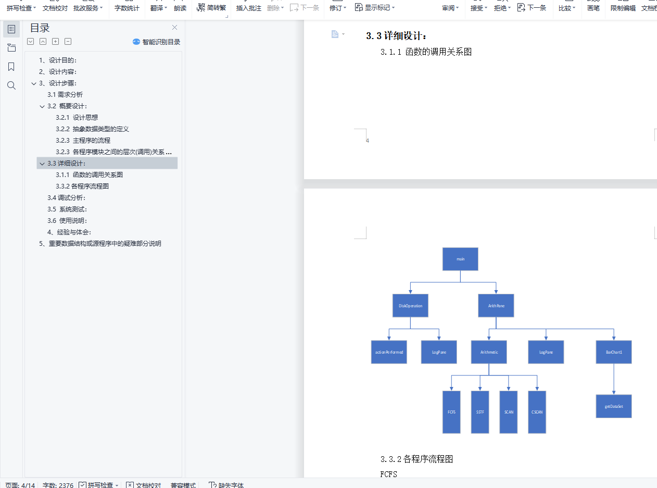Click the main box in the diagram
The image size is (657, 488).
point(460,259)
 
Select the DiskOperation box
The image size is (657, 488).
point(410,306)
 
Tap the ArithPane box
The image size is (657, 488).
point(496,306)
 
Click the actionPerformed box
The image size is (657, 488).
point(389,352)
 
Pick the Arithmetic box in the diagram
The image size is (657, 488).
point(489,352)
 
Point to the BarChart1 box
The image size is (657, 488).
point(614,352)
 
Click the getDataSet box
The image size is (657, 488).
point(614,406)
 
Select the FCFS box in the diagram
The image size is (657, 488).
point(451,412)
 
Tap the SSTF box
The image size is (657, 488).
point(480,412)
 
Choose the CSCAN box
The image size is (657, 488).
point(537,412)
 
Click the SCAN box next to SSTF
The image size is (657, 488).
point(509,412)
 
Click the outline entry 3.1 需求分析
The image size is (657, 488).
point(65,95)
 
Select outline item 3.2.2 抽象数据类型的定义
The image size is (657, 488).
point(92,129)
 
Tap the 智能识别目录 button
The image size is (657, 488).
point(157,42)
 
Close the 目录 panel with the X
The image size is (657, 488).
point(174,28)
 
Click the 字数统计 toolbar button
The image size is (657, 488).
point(127,8)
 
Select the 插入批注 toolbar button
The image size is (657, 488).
point(249,8)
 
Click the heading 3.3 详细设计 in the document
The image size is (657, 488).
point(397,36)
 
